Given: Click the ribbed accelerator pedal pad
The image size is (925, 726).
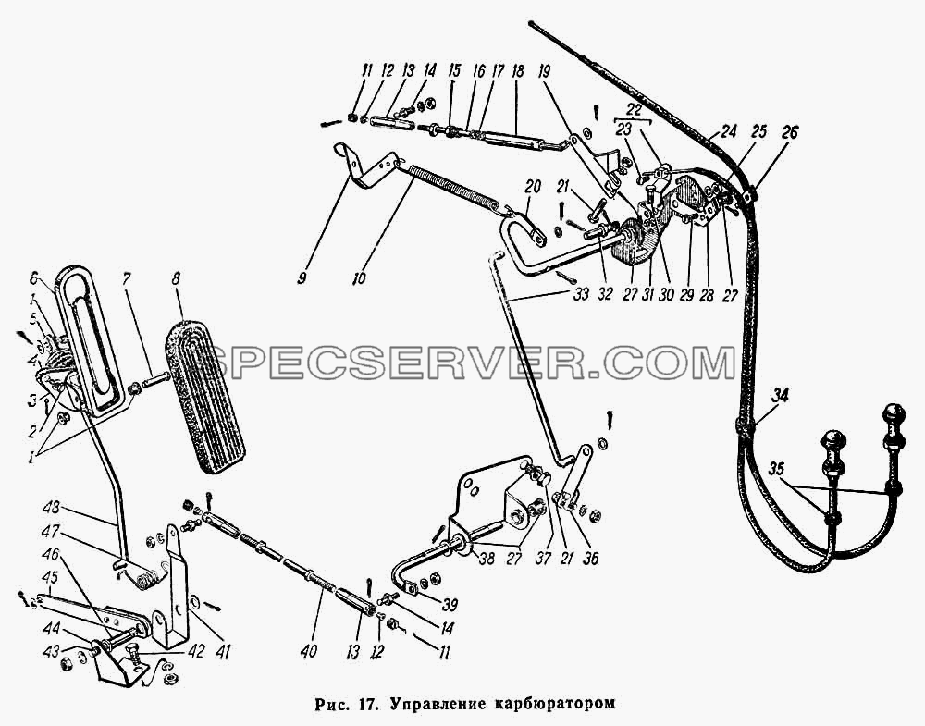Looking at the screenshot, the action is click(x=205, y=395).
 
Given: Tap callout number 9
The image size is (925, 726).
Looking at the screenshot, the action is click(x=302, y=278).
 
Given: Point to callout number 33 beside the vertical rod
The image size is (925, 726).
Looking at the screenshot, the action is click(x=581, y=294).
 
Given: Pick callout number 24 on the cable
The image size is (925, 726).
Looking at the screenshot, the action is click(x=728, y=131).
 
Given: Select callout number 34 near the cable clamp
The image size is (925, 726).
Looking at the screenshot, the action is click(x=780, y=396).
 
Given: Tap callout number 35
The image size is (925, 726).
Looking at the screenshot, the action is click(x=777, y=470).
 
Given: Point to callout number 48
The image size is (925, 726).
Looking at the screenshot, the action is click(x=52, y=507).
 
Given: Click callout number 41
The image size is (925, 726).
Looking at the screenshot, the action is click(x=223, y=651).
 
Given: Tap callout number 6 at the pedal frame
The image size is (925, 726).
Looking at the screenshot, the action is click(x=33, y=277).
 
